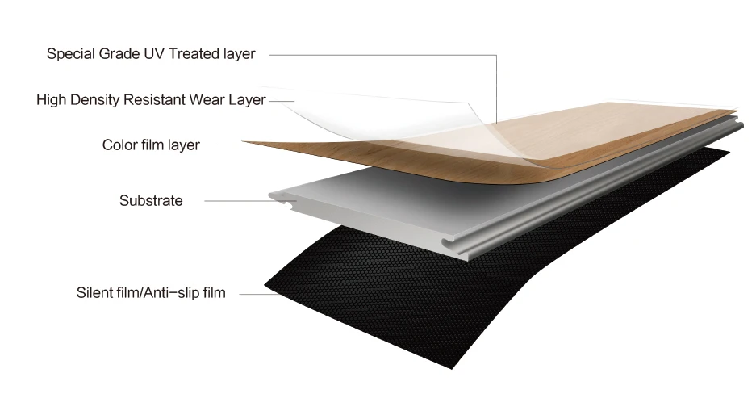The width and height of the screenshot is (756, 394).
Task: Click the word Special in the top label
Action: tap(70, 54)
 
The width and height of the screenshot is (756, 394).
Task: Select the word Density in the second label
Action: tap(98, 100)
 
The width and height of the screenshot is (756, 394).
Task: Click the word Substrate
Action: tap(151, 200)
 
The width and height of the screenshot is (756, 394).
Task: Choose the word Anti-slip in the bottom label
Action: tap(165, 293)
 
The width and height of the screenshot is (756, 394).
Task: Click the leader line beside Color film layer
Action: tap(230, 145)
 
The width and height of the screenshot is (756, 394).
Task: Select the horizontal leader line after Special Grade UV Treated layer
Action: tap(379, 55)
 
